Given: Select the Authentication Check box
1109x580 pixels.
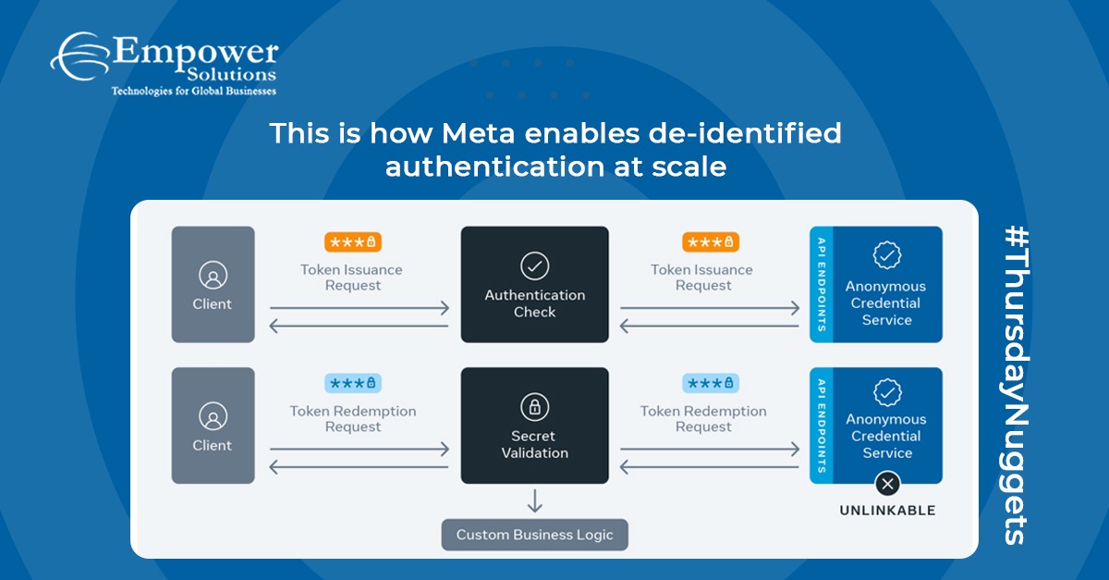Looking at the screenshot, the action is (534, 284).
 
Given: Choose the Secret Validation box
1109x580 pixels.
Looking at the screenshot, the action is (534, 426).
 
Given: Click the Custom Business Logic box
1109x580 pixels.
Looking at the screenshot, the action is (534, 535).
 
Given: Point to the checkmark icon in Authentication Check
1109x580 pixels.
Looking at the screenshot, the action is (534, 266).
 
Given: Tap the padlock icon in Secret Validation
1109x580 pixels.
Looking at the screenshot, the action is (534, 407).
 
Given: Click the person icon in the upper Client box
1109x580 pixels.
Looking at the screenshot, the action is (213, 276).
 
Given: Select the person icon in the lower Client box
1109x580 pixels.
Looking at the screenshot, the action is (213, 416).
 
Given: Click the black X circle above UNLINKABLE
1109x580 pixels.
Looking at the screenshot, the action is (887, 483).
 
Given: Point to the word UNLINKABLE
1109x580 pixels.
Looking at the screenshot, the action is (887, 511).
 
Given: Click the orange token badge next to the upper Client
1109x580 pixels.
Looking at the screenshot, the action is (352, 242).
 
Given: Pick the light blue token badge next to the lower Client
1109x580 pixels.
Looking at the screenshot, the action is (352, 383).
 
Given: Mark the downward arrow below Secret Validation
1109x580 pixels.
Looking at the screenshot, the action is (534, 500).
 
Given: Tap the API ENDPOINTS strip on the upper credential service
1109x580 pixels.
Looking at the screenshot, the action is (821, 284).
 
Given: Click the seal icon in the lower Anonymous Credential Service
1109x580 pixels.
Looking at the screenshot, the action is (886, 393).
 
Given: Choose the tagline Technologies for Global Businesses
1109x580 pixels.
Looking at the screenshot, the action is (193, 91).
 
